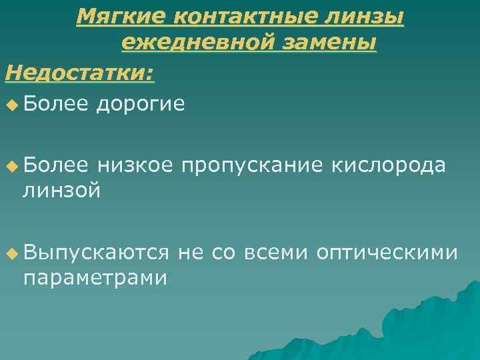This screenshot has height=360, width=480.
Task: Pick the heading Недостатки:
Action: tap(79, 71)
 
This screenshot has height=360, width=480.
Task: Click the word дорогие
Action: tap(141, 103)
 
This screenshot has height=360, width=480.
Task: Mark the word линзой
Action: tap(62, 191)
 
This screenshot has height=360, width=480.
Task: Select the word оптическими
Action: tap(387, 253)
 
